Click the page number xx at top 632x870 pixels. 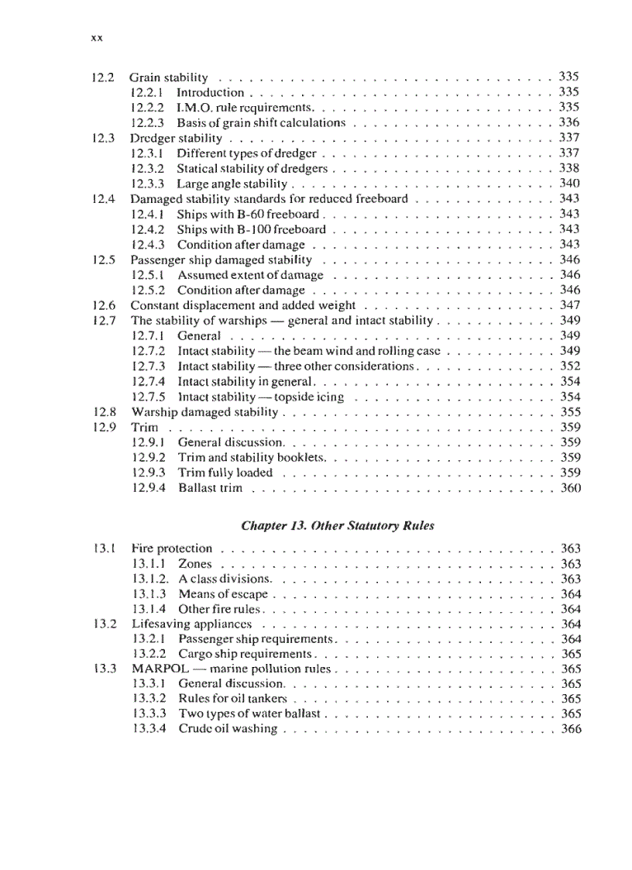click(x=97, y=37)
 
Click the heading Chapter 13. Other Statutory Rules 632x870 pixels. click(x=338, y=525)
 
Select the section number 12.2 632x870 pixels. click(x=103, y=77)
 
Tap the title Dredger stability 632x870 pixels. click(x=176, y=138)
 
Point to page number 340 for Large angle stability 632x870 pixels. click(x=569, y=184)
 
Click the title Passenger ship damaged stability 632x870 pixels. click(x=221, y=260)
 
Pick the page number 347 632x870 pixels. click(x=569, y=305)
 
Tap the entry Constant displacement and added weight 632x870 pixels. click(x=242, y=305)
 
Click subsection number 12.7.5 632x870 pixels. click(x=148, y=397)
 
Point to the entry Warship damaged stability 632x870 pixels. click(x=204, y=412)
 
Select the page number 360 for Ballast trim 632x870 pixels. click(x=570, y=488)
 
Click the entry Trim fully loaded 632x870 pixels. click(x=225, y=473)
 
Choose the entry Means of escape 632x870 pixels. click(x=223, y=594)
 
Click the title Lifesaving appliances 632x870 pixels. click(x=191, y=624)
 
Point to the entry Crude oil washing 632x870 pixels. click(x=228, y=730)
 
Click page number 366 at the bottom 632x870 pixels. click(x=571, y=730)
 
